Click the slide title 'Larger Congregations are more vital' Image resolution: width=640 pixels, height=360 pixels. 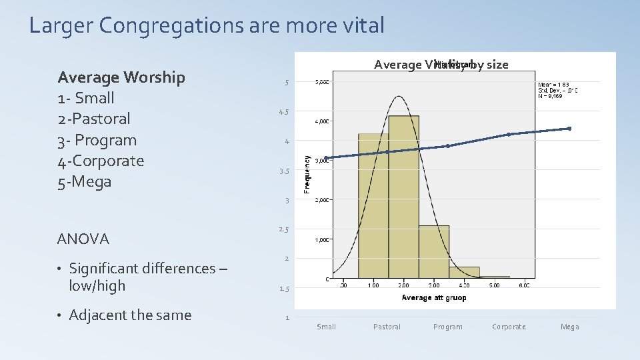(207, 26)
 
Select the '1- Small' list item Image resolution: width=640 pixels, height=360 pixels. (86, 98)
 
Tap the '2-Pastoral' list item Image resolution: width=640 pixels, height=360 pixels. (94, 119)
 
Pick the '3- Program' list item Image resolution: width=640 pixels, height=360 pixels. (97, 140)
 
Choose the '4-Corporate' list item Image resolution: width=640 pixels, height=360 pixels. (101, 161)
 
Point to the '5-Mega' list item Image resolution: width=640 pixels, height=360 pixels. (85, 181)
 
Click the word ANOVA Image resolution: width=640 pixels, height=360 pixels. (83, 239)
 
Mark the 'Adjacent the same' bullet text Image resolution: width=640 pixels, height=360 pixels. (130, 315)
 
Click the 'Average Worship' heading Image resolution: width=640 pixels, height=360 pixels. (121, 77)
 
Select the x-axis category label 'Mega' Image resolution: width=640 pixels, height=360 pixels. (570, 327)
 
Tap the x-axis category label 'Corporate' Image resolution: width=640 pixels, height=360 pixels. (509, 327)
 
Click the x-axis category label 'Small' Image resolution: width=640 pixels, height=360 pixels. (327, 327)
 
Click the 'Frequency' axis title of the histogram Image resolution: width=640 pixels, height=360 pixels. (307, 175)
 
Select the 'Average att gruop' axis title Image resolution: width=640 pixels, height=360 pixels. (433, 298)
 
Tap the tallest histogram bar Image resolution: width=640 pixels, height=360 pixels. (403, 200)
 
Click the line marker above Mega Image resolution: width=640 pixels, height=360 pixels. (570, 128)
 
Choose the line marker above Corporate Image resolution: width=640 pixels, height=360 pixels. (509, 134)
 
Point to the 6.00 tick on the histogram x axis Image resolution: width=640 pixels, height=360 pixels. (525, 285)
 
